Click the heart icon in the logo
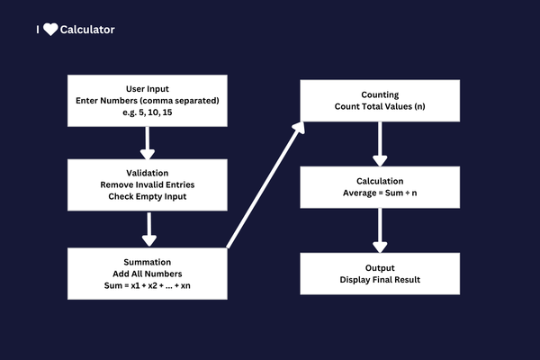(50, 30)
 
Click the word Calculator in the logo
(87, 30)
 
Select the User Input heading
(150, 86)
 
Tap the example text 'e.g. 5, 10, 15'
(150, 112)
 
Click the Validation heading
(150, 172)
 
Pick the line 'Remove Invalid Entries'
(150, 184)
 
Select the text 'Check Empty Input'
(150, 197)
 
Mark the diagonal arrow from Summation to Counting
(265, 185)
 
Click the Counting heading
(380, 94)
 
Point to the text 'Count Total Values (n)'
(380, 106)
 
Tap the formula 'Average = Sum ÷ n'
(380, 193)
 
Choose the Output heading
(380, 266)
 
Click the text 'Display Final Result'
(380, 279)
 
